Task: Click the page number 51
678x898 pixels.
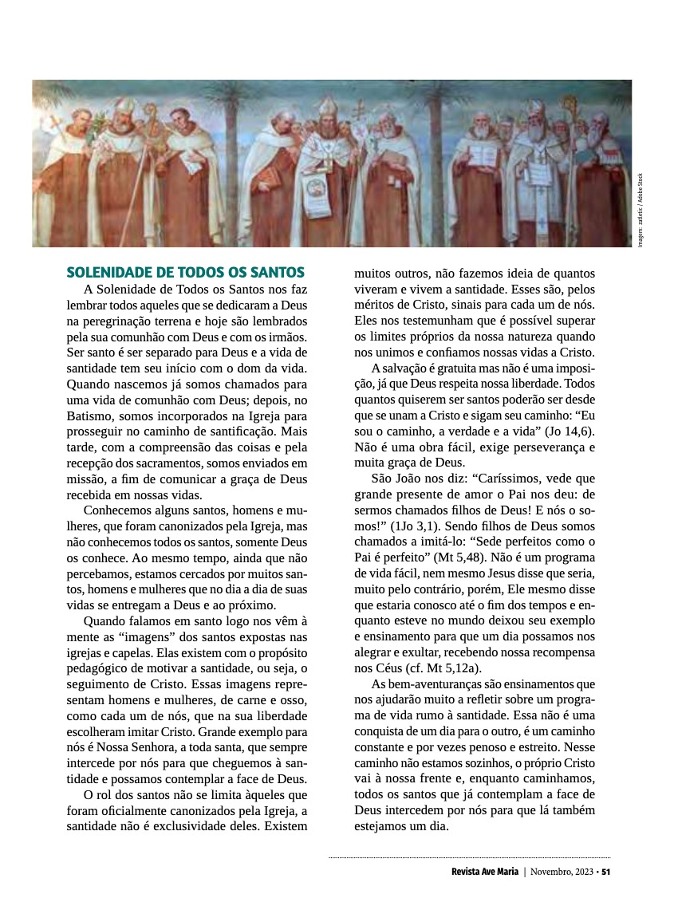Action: pos(606,871)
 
